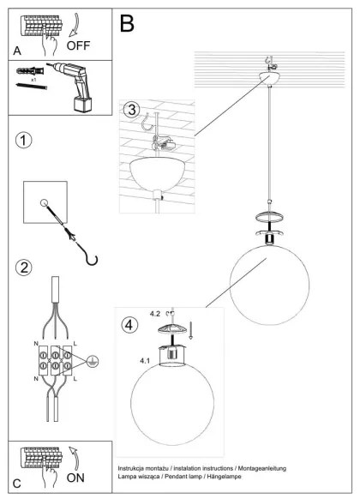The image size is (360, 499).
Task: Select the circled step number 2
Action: coord(25,268)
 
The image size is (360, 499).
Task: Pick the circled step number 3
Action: coord(130,110)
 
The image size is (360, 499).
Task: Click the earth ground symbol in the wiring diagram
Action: coord(93,363)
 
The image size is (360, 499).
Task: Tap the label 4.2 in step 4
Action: coord(154,315)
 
